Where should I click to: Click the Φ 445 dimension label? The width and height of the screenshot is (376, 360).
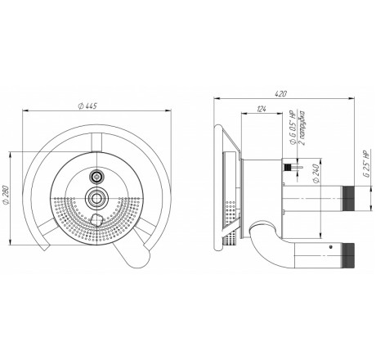coord(87,106)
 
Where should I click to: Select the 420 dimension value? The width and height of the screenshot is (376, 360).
coord(280,94)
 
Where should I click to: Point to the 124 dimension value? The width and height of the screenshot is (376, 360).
coord(261,109)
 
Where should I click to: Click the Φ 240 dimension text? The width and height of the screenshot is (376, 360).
coord(316,173)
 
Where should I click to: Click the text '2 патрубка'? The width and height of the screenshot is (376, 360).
coord(302,128)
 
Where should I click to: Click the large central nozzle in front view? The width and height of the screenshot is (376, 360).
coord(96,198)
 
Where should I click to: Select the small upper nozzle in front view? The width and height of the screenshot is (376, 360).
coord(96,177)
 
